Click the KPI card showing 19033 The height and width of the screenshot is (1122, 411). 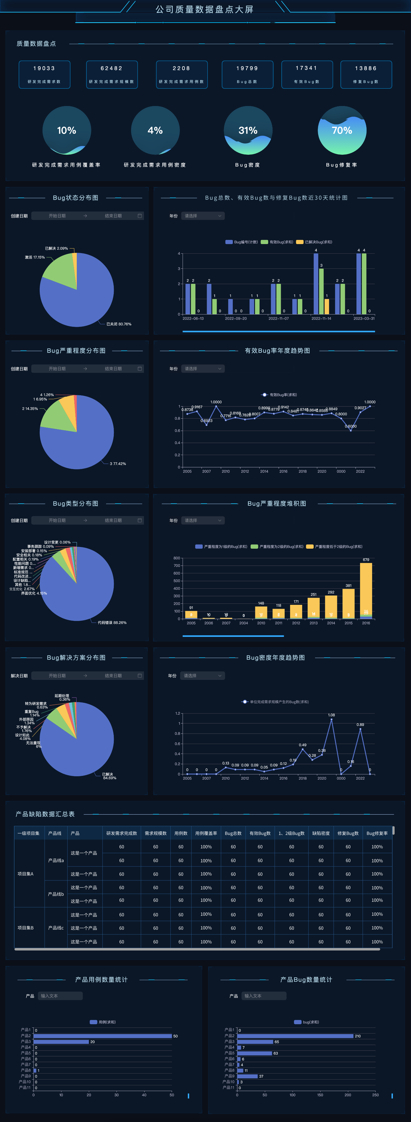[x=44, y=75]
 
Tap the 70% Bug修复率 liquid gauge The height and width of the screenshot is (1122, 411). [x=342, y=130]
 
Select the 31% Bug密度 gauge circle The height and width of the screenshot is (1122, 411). [x=248, y=130]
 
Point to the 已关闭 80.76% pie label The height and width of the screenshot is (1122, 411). [x=118, y=324]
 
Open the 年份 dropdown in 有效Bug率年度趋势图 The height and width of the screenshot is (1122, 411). [x=203, y=369]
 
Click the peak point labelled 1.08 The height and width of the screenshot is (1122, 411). [x=331, y=719]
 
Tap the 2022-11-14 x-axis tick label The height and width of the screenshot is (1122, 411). [x=321, y=318]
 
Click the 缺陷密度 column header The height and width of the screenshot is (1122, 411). [x=321, y=833]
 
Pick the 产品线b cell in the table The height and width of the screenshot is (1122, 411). [x=56, y=894]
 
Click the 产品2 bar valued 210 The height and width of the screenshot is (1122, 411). [x=295, y=1036]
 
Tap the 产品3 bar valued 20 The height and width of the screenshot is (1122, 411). [x=61, y=1042]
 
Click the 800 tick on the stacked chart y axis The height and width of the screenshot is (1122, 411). [x=177, y=558]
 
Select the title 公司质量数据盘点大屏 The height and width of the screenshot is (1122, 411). [x=205, y=9]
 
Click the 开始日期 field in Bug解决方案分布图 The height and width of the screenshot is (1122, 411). [x=57, y=676]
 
